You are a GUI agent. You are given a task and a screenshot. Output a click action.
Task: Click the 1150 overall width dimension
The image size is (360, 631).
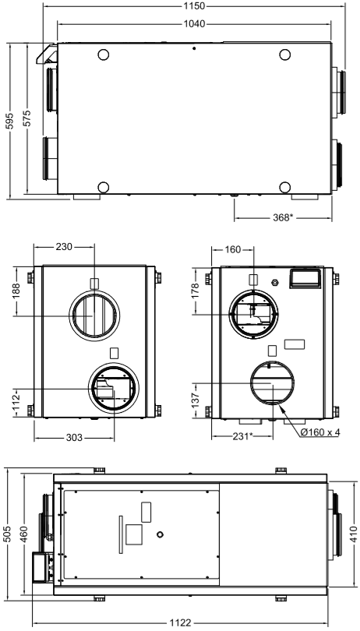tap(194, 6)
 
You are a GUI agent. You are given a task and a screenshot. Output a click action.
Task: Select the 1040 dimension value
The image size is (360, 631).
tap(195, 23)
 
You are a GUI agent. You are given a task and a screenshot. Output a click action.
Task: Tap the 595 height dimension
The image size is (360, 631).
tap(9, 121)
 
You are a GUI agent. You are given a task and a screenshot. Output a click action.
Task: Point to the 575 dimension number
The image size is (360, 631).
tap(26, 118)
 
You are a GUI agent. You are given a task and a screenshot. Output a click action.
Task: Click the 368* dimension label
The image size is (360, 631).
tap(282, 217)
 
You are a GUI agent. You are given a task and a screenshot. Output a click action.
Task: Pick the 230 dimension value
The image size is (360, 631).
tap(64, 247)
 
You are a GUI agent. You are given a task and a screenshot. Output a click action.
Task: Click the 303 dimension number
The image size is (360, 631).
tap(74, 437)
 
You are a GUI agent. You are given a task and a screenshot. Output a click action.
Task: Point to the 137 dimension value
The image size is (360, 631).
tap(196, 401)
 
